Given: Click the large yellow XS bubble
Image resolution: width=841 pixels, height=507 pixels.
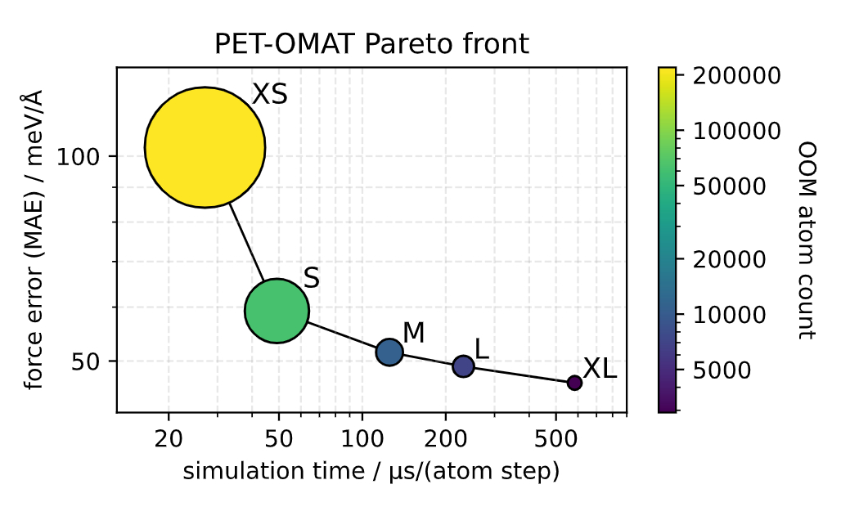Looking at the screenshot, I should point(205,147).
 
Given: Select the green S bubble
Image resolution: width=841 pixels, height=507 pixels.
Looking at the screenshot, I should point(277,311).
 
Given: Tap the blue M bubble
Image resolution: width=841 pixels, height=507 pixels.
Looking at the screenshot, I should point(389,352).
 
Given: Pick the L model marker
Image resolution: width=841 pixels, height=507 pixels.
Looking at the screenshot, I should point(463,366).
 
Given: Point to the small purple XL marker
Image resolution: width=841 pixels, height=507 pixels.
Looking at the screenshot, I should point(574,383).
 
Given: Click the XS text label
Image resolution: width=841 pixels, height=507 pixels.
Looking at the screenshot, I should point(269,95).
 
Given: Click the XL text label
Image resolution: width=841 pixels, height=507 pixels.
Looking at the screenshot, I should point(599,369).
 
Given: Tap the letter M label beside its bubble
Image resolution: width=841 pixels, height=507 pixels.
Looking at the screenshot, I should point(414,333).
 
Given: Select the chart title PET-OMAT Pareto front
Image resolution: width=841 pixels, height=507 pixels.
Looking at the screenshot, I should point(371,44).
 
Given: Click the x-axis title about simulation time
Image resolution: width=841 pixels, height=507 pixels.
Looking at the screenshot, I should point(371,471).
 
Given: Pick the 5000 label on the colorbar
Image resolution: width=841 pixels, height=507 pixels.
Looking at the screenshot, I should point(722,370).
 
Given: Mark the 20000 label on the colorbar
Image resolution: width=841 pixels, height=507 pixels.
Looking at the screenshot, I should point(728,259).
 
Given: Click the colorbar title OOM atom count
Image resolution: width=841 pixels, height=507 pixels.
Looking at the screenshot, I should point(807,240).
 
